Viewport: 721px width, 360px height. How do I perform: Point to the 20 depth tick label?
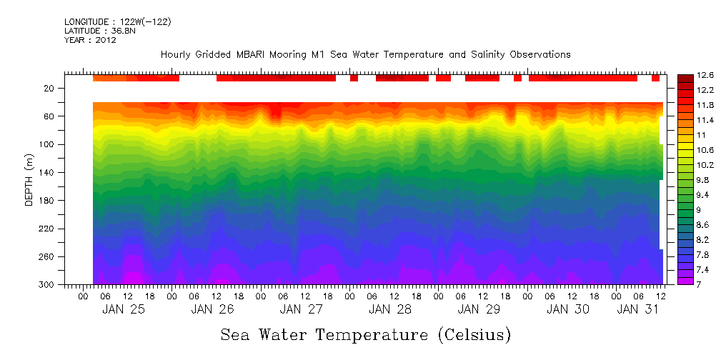(x=49, y=89)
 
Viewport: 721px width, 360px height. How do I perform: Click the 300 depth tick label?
(x=47, y=285)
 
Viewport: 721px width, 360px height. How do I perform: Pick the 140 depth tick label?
(x=47, y=173)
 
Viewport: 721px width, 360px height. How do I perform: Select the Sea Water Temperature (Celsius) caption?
(x=366, y=334)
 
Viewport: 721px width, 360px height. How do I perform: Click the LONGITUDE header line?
(x=118, y=22)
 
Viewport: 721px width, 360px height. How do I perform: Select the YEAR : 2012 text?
(x=90, y=41)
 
